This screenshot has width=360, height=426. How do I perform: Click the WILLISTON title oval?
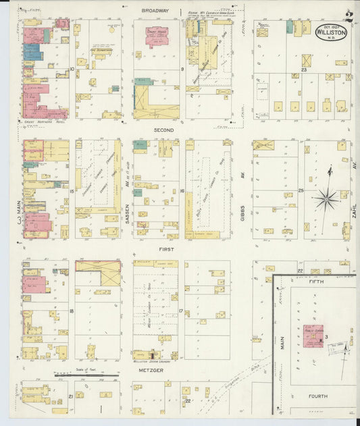click(332, 31)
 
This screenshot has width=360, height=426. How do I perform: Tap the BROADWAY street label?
click(155, 11)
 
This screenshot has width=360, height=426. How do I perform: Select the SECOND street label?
click(163, 130)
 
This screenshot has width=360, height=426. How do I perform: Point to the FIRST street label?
click(166, 249)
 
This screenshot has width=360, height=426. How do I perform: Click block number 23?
click(305, 70)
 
